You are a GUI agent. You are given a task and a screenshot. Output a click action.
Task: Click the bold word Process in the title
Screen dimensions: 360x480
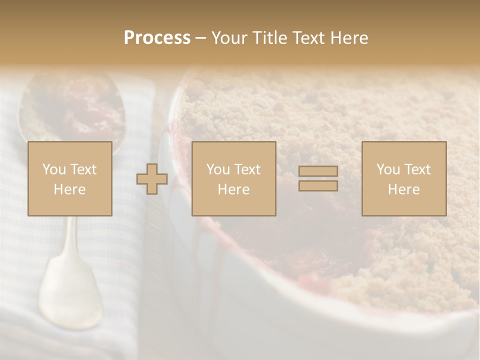pyautogui.click(x=157, y=38)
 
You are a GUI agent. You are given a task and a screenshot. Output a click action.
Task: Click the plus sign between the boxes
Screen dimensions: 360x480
pyautogui.click(x=152, y=179)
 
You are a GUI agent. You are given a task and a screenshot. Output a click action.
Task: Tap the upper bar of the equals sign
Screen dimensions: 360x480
pyautogui.click(x=318, y=171)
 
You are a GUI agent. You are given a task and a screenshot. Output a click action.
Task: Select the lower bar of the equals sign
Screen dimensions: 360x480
pyautogui.click(x=318, y=185)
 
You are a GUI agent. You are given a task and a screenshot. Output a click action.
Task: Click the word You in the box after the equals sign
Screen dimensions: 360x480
pyautogui.click(x=387, y=169)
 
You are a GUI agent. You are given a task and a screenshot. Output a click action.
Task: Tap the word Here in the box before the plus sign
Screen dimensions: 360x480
pyautogui.click(x=69, y=189)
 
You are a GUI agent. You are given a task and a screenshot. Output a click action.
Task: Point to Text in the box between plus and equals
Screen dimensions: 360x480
pyautogui.click(x=247, y=169)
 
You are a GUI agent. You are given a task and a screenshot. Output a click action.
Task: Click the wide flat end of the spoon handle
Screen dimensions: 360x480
pyautogui.click(x=70, y=295)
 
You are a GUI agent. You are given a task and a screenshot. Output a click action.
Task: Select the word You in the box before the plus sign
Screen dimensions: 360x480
pyautogui.click(x=53, y=169)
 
